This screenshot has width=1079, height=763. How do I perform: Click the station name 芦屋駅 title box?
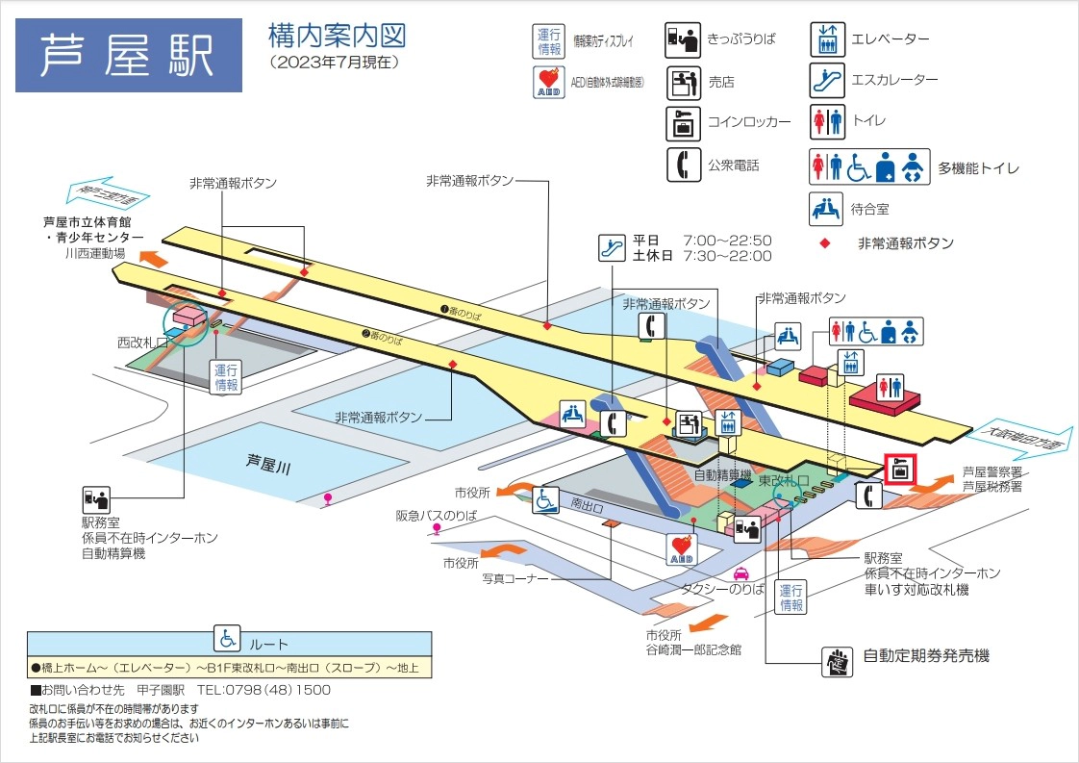(129, 55)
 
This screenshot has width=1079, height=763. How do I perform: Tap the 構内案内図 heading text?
(338, 37)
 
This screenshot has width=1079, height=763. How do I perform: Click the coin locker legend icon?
(683, 122)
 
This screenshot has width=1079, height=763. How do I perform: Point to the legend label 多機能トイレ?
(979, 167)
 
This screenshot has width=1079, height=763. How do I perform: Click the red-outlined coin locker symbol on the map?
(900, 471)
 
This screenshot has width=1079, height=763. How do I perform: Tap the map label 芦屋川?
(267, 463)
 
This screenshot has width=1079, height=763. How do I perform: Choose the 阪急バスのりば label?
(437, 516)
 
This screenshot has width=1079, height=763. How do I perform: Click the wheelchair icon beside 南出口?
(546, 499)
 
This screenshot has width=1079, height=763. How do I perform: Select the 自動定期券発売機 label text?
(926, 656)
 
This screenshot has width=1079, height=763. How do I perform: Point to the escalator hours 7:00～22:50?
(728, 240)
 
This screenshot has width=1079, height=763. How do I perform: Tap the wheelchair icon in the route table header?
(228, 637)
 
